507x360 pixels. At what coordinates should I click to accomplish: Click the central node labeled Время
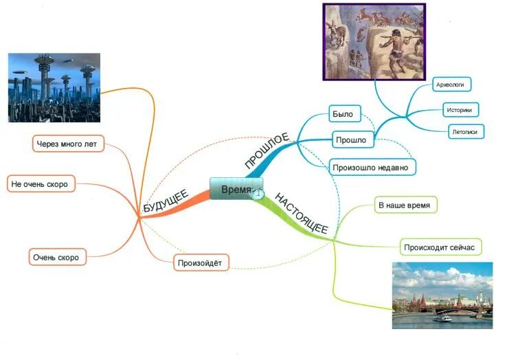tap(234, 189)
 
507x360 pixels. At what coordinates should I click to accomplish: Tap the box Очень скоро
tap(56, 258)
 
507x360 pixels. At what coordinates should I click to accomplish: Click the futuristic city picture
tap(54, 88)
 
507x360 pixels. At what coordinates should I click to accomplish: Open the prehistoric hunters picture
tap(374, 41)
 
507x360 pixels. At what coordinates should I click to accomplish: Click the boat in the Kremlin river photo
tap(443, 317)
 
